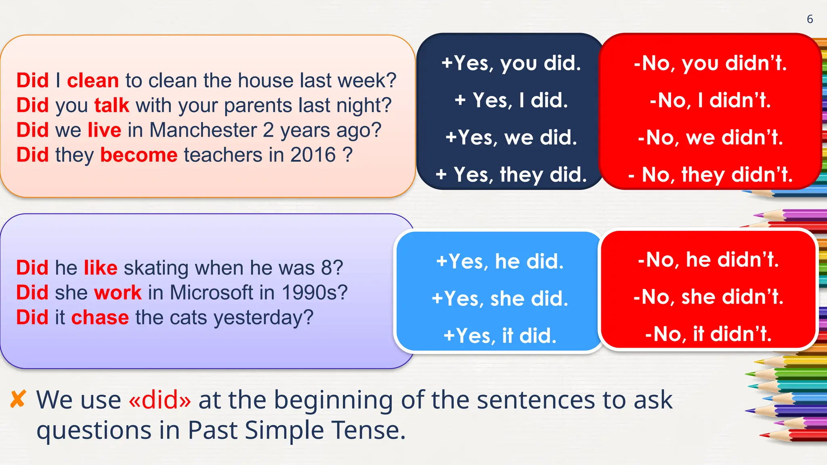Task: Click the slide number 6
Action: click(810, 19)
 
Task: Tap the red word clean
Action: click(93, 80)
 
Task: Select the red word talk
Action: click(112, 105)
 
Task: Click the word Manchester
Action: click(203, 130)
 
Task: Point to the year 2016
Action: click(313, 155)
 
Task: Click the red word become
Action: click(139, 155)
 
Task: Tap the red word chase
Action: click(100, 317)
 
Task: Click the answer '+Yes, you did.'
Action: click(511, 63)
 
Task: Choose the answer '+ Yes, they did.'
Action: click(511, 174)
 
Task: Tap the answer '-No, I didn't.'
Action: click(710, 100)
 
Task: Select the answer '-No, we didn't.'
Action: click(710, 137)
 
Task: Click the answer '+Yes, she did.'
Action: click(500, 299)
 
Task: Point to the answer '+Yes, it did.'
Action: click(500, 335)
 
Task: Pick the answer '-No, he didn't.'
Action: click(708, 260)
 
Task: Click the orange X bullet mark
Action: click(18, 399)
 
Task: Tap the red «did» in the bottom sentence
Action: click(160, 400)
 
